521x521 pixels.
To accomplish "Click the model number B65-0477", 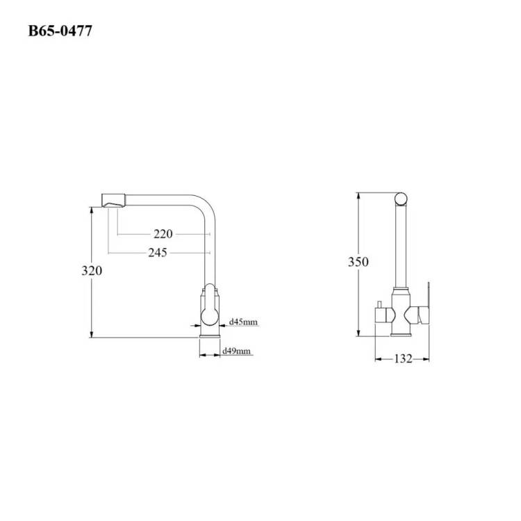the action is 60,31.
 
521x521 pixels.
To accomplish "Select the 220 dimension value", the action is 163,234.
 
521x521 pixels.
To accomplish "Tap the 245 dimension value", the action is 158,253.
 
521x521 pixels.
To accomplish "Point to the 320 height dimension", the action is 92,271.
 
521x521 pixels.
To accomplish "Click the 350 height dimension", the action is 358,262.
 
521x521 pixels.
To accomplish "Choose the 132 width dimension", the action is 403,359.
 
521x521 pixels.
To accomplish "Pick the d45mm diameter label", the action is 243,322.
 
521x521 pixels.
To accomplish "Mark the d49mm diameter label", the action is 236,351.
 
